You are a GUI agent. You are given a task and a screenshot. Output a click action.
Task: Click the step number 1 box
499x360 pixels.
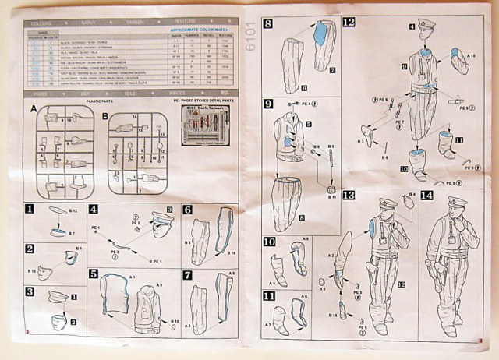tap(29, 210)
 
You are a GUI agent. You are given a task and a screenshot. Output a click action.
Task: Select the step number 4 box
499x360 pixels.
tap(93, 210)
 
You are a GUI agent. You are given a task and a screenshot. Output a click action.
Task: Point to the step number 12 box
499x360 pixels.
tap(348, 23)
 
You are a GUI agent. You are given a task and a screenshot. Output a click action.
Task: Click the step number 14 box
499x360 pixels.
tap(426, 195)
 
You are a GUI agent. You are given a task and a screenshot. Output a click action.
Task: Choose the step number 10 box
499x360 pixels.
tap(269, 242)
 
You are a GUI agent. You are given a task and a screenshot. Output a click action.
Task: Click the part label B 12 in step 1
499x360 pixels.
tap(72, 211)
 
